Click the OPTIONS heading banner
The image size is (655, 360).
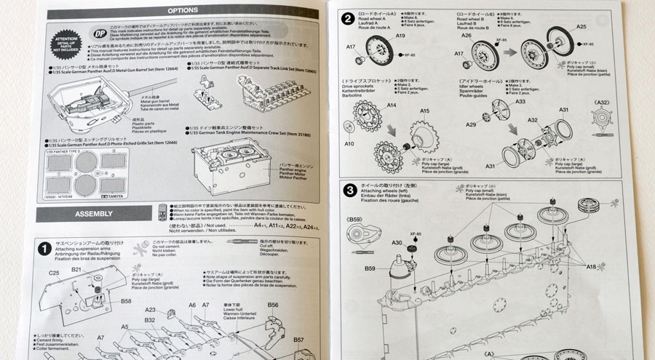(x=178, y=11)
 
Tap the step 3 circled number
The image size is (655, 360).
(x=350, y=191)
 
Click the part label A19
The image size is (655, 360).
(x=400, y=36)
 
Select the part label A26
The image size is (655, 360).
(x=467, y=36)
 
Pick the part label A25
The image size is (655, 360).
(x=581, y=27)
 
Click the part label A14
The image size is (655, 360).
(x=391, y=105)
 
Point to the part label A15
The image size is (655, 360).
(x=424, y=111)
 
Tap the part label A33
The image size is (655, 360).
(x=520, y=102)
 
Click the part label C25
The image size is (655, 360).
(x=54, y=273)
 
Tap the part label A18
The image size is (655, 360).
(x=592, y=268)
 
